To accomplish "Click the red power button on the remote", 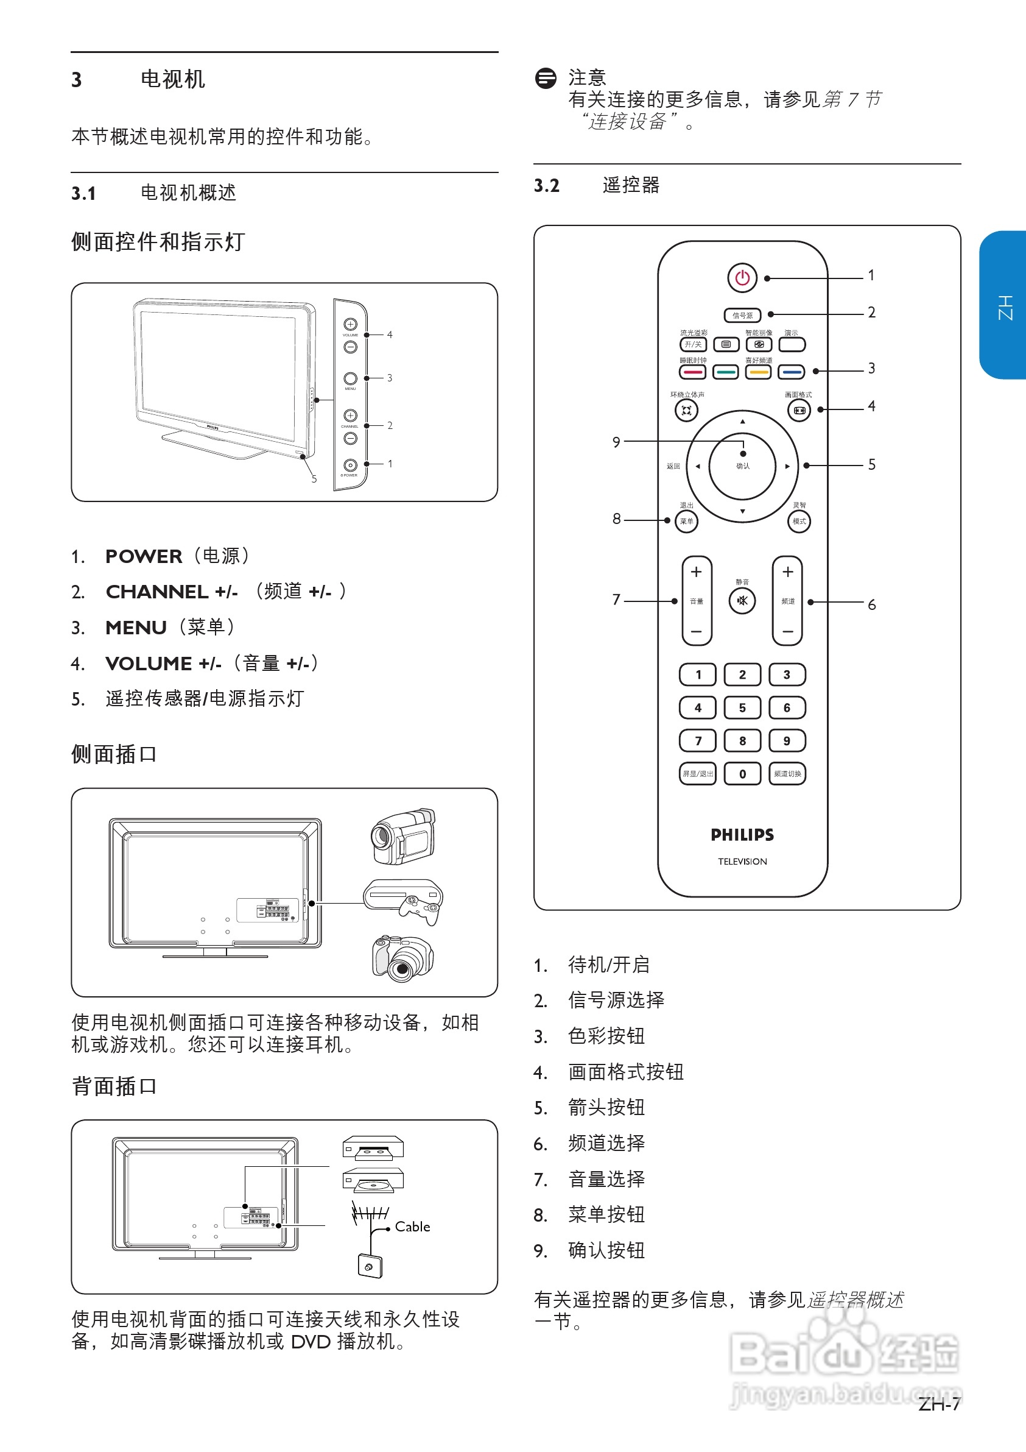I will point(742,278).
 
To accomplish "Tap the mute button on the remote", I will point(742,600).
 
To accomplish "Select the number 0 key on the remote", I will point(742,773).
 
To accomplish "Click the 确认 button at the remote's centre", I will point(742,466).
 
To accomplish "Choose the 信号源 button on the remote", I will point(742,315).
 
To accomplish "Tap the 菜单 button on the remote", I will point(686,522).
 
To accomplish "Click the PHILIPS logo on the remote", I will point(742,835).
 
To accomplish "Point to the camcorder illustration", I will point(403,836).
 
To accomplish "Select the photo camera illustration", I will point(402,958).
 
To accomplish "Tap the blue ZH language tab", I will point(1004,305).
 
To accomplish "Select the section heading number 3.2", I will point(547,186).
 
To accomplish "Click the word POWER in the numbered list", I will point(144,556).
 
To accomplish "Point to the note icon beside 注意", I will point(546,79).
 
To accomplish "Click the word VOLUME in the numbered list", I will point(149,664).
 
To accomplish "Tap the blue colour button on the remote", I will point(791,372).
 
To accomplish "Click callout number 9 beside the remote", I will point(616,442).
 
